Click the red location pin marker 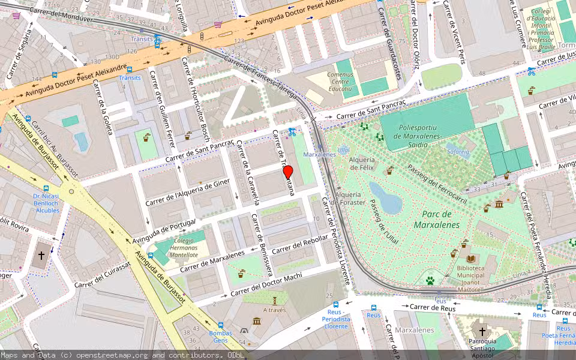(288, 172)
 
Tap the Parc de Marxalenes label (436, 220)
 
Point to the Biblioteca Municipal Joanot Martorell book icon (472, 259)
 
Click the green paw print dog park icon (430, 280)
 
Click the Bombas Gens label (220, 337)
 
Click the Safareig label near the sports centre (458, 152)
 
